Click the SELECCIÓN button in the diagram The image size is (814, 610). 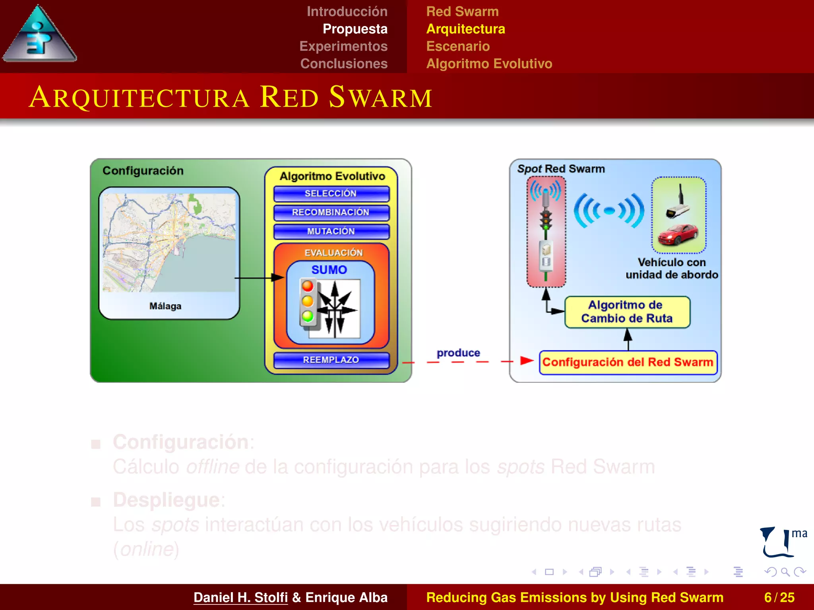(x=331, y=194)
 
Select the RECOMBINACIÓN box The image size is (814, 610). (x=331, y=212)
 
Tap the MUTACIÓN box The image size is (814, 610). (x=331, y=232)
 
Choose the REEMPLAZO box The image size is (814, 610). (x=331, y=360)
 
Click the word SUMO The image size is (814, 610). (x=329, y=270)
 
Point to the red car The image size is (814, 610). (x=678, y=235)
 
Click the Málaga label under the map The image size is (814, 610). (x=165, y=306)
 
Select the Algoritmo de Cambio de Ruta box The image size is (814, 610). (x=627, y=312)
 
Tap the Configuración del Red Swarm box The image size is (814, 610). (x=628, y=362)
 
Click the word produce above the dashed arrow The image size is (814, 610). (x=458, y=353)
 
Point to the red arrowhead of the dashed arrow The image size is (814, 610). (x=526, y=361)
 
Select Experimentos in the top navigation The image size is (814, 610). (x=343, y=46)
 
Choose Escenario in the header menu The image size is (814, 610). (x=458, y=46)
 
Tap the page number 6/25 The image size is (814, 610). (x=779, y=597)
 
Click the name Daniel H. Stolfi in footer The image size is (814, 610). (x=240, y=597)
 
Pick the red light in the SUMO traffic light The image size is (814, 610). (x=308, y=286)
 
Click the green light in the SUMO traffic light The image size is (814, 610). (x=308, y=317)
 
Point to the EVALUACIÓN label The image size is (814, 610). (x=333, y=253)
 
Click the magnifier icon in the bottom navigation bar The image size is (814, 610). (x=785, y=572)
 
